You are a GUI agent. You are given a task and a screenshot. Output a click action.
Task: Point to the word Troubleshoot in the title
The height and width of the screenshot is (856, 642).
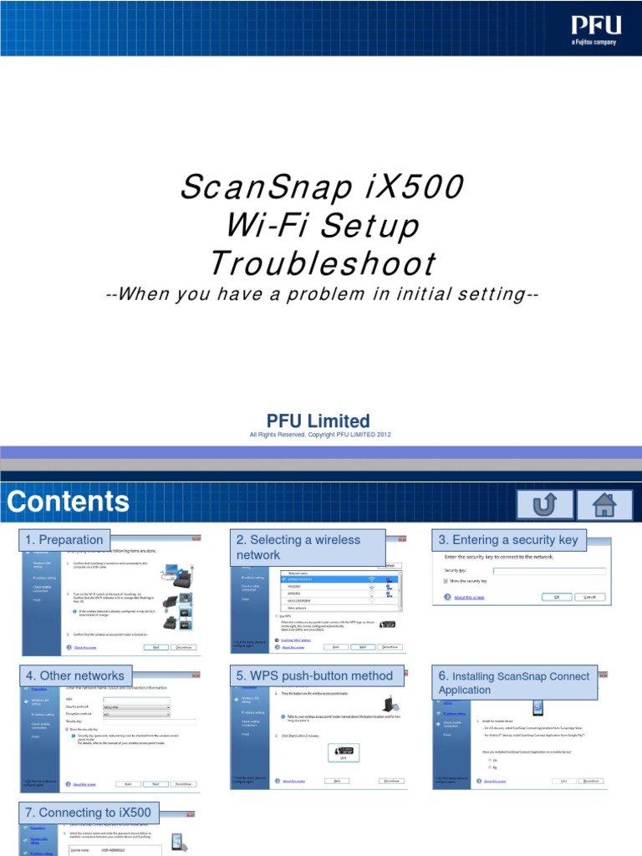pyautogui.click(x=322, y=263)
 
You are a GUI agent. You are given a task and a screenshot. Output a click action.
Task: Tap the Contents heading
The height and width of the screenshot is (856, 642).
pyautogui.click(x=69, y=501)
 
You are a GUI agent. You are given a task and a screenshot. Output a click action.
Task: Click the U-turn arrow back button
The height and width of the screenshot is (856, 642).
pyautogui.click(x=545, y=503)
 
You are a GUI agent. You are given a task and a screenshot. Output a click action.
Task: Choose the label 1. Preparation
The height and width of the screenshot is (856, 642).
pyautogui.click(x=64, y=539)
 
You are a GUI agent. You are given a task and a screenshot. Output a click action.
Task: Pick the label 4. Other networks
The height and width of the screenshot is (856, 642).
pyautogui.click(x=75, y=675)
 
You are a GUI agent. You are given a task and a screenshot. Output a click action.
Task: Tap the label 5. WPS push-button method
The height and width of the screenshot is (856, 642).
pyautogui.click(x=314, y=675)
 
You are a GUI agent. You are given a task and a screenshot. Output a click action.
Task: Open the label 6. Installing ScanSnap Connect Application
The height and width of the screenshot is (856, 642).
pyautogui.click(x=514, y=683)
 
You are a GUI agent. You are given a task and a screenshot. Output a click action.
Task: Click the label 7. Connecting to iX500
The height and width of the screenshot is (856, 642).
pyautogui.click(x=89, y=813)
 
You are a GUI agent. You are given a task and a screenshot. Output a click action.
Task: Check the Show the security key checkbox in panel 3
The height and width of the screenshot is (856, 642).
pyautogui.click(x=446, y=580)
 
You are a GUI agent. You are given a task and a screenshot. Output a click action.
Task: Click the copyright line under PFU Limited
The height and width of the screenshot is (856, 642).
pyautogui.click(x=321, y=435)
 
